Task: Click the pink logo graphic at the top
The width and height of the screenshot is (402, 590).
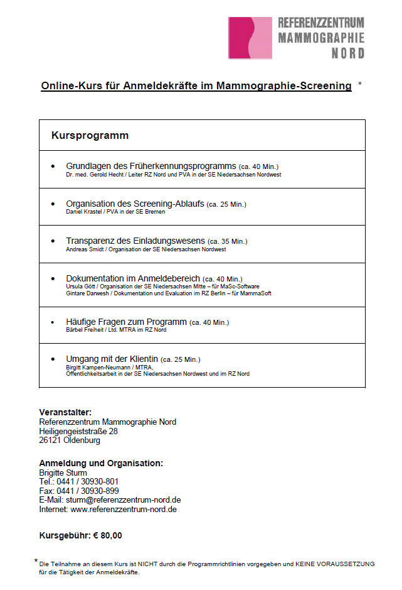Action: point(250,38)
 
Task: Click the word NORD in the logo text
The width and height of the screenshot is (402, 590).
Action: point(347,53)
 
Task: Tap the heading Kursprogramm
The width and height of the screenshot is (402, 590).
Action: point(90,135)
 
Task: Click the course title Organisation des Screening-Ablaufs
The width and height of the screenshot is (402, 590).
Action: point(135,204)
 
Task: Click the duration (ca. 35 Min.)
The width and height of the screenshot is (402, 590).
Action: point(228,241)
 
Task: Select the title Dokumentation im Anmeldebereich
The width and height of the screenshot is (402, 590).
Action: point(133,278)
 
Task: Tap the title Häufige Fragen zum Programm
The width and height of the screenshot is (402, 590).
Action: point(126,322)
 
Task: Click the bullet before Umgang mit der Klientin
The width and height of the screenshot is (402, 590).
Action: point(53,359)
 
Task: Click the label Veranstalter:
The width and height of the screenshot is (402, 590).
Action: point(65,412)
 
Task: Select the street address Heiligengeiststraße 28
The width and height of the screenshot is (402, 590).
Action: point(78,431)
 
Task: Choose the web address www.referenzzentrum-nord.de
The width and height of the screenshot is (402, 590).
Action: point(123,509)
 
